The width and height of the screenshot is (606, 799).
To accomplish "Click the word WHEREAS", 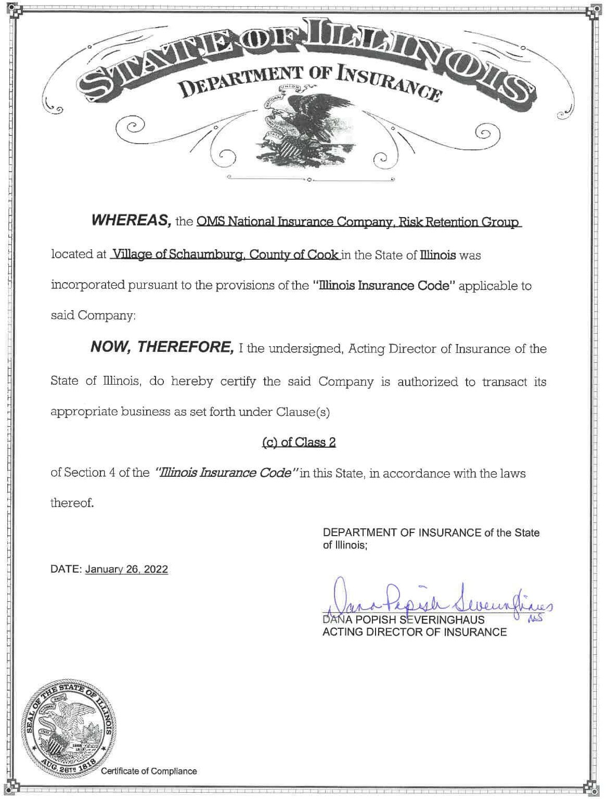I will tap(132, 221).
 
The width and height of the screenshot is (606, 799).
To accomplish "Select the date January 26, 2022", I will tap(126, 569).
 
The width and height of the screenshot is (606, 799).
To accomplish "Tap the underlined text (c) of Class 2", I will tap(299, 442).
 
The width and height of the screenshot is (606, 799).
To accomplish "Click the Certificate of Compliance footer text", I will tap(149, 771).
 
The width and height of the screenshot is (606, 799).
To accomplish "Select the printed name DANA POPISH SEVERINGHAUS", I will tap(404, 620).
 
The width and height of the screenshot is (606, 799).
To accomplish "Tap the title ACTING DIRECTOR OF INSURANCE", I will tap(415, 632).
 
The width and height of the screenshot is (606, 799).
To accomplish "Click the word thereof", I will tap(72, 503).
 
